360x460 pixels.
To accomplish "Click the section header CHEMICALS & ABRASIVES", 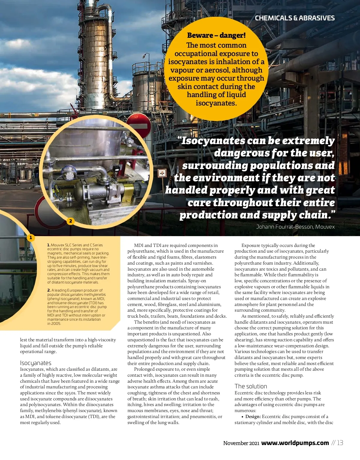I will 295,18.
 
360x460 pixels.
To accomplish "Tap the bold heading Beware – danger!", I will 216,35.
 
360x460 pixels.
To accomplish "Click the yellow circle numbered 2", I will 70,221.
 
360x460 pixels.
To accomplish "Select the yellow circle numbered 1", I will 31,238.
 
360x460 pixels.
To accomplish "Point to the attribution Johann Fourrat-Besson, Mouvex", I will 295,227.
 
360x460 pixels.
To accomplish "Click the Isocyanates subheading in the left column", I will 36,363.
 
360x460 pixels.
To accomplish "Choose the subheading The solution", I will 251,386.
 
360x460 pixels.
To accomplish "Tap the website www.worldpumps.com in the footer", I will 295,443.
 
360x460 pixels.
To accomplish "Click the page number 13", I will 340,443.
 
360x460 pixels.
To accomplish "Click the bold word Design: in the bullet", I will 253,417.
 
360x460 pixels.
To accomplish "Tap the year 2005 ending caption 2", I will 56,324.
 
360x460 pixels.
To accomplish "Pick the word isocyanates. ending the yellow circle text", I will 216,103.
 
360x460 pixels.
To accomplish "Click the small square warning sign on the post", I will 162,173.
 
